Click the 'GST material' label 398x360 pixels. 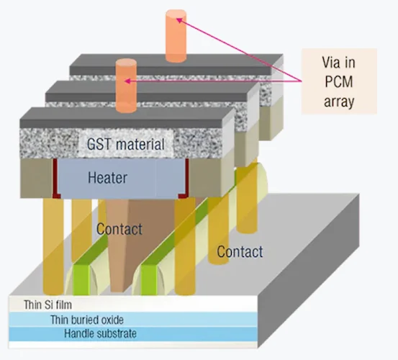click(126, 144)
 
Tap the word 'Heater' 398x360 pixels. click(107, 177)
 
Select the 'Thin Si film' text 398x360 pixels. click(48, 305)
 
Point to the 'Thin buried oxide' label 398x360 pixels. click(87, 320)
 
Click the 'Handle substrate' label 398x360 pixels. click(100, 333)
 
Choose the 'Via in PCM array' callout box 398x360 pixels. click(339, 81)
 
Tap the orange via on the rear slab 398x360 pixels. click(176, 36)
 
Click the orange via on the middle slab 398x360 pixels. click(126, 86)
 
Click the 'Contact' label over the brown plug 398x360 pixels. click(119, 229)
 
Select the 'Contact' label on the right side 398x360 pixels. click(240, 252)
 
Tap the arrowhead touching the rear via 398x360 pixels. click(179, 20)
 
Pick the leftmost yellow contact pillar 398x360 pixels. click(53, 246)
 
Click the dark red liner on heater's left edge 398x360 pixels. click(55, 179)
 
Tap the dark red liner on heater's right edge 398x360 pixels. click(186, 179)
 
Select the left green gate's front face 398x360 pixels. click(81, 280)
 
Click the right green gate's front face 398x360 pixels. click(149, 280)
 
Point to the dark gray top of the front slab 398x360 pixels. click(127, 117)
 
